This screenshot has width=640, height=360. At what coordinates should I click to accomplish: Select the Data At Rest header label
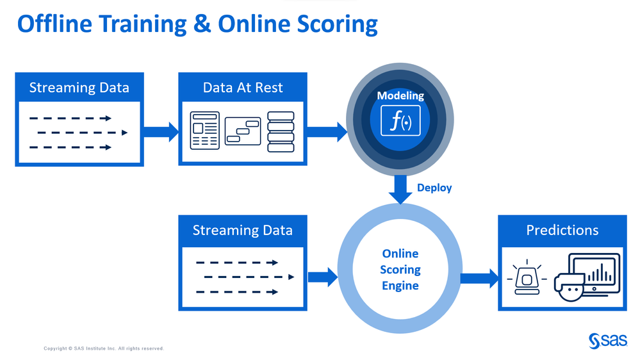click(243, 88)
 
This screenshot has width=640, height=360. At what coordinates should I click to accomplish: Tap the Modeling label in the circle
click(400, 96)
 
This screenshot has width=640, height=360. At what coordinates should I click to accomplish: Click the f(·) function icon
click(400, 121)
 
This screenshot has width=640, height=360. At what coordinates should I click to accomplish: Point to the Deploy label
click(434, 188)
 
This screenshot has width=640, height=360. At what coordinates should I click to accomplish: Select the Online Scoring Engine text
click(400, 270)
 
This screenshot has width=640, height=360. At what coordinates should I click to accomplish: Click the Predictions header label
click(562, 230)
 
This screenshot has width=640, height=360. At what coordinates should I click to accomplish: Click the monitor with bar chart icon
click(594, 273)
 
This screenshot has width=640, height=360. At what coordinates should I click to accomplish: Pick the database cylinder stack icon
click(281, 132)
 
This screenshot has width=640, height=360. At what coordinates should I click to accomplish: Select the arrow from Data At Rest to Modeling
click(327, 131)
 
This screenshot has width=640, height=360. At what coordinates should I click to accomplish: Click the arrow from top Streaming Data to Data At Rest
click(161, 132)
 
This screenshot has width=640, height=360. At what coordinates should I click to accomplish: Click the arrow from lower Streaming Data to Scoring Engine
click(322, 277)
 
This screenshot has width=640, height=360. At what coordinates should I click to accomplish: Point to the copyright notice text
click(104, 348)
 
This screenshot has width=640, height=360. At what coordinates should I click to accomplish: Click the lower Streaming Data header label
click(242, 231)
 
